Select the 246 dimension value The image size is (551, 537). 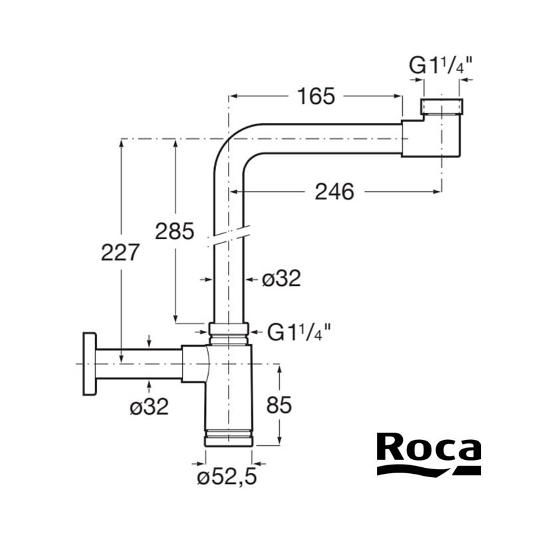334,192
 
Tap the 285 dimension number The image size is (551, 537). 174,231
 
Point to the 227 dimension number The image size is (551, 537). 120,253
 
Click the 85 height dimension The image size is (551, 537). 279,405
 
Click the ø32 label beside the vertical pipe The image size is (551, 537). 281,278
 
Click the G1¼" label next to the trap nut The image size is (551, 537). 298,332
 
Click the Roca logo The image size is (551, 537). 429,453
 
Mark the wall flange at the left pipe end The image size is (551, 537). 89,364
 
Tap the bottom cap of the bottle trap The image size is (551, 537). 229,437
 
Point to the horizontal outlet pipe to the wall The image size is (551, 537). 139,364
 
